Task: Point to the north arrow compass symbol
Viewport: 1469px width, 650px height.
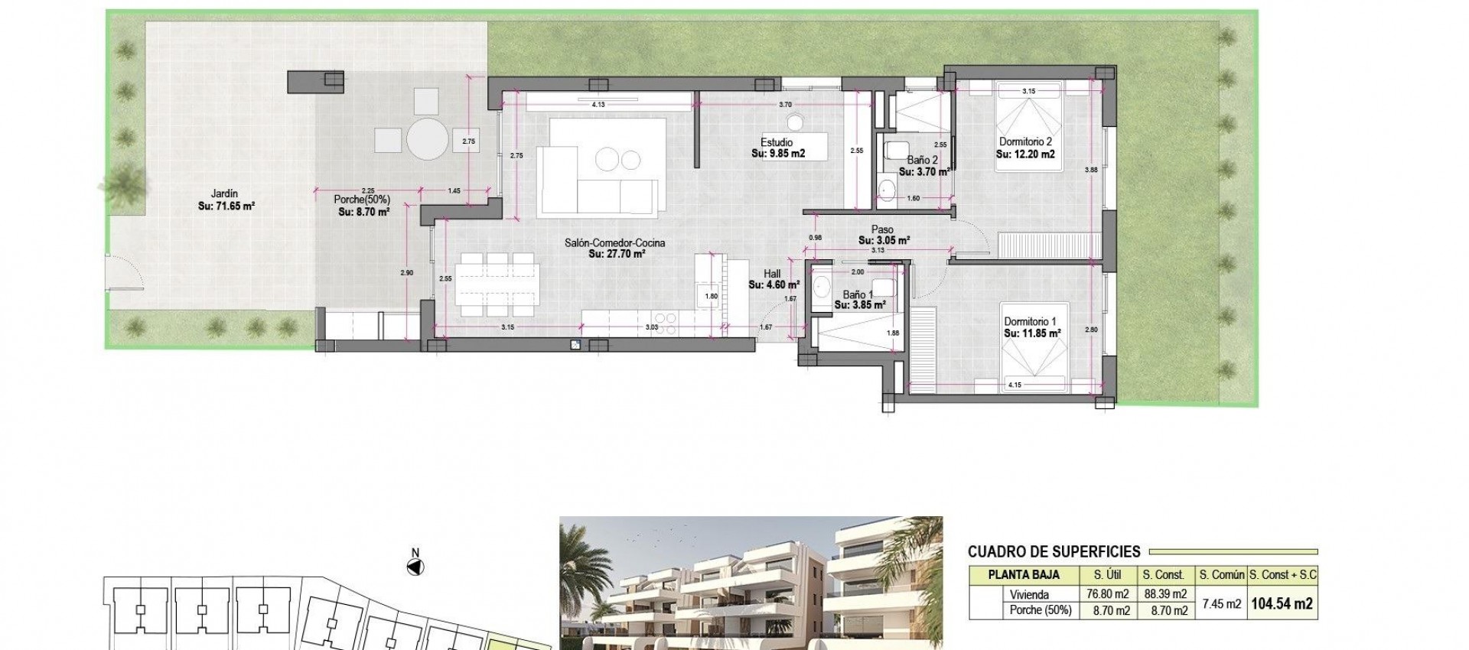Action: click(x=415, y=567)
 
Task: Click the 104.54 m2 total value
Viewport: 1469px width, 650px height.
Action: click(x=1281, y=603)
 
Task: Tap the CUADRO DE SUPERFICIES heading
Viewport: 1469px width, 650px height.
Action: click(x=1054, y=551)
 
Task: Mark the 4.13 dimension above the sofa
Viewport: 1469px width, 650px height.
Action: click(x=598, y=104)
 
